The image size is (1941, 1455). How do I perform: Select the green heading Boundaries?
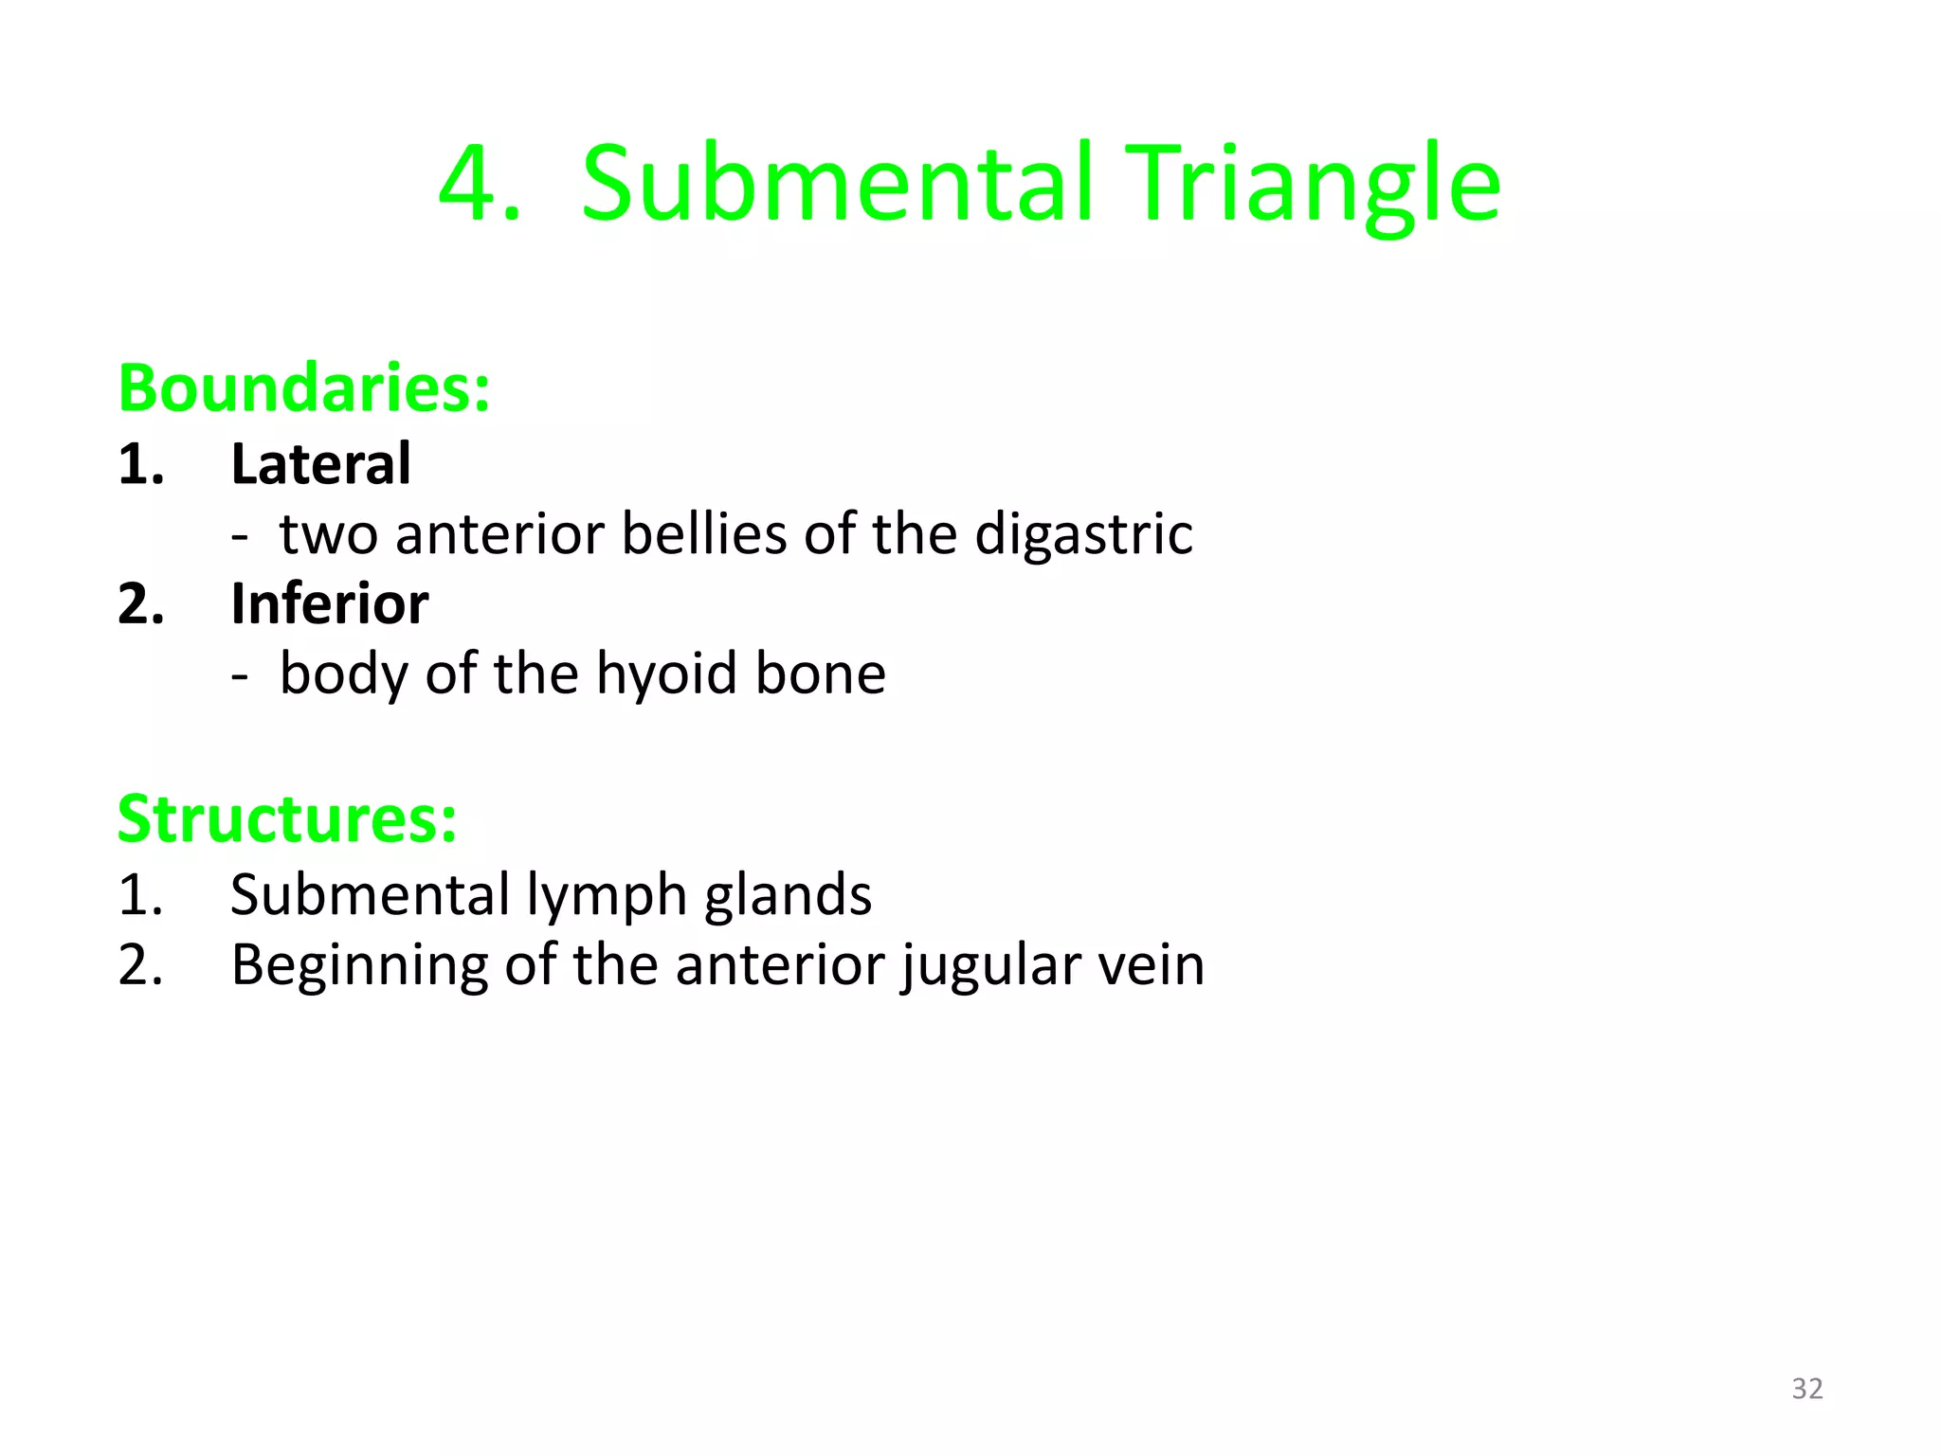click(304, 388)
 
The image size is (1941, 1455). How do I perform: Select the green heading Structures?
click(287, 818)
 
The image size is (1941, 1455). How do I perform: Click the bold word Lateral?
click(320, 464)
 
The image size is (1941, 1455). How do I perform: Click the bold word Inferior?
click(329, 603)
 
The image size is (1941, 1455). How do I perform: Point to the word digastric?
click(1083, 534)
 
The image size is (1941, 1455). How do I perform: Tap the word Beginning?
click(359, 965)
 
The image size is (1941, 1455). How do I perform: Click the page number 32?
click(1806, 1389)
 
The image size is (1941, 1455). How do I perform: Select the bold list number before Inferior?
click(141, 603)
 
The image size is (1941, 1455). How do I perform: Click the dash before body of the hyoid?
click(240, 675)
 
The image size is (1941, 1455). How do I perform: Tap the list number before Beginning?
click(141, 965)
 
